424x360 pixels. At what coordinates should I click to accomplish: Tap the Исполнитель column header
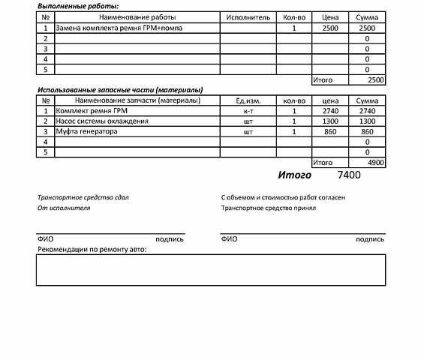248,16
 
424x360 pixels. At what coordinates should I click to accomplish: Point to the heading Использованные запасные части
121,90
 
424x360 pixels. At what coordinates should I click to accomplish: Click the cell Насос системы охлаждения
102,121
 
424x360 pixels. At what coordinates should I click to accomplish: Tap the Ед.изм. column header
248,100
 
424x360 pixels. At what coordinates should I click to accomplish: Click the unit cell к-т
248,111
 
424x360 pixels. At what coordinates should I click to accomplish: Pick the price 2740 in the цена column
330,111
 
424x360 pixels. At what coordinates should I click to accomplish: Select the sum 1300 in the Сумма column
367,121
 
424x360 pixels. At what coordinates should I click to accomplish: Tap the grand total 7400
350,175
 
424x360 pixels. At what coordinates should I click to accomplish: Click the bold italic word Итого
295,175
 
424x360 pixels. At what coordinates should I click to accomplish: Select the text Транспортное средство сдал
83,197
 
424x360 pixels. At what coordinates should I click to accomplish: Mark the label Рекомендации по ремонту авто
92,249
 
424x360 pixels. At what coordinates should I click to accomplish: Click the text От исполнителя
64,208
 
